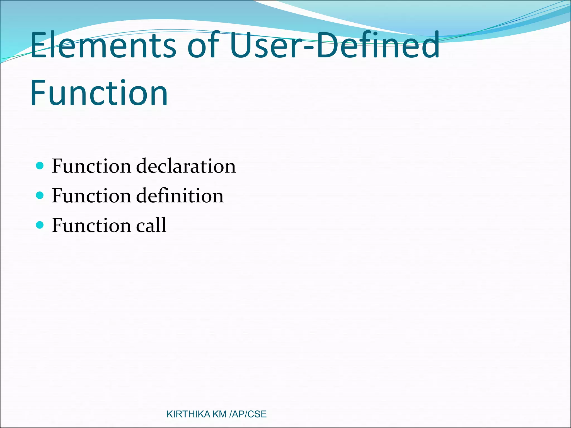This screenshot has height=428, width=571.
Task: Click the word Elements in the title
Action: click(x=103, y=45)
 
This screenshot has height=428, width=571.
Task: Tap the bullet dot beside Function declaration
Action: click(x=40, y=166)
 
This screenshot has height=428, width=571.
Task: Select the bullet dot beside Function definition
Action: click(x=40, y=195)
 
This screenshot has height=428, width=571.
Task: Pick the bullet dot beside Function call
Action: click(x=40, y=225)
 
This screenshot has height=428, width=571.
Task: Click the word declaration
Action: click(x=186, y=166)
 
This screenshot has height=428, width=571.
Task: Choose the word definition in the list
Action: click(x=180, y=195)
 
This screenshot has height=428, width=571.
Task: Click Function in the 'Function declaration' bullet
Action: click(x=91, y=166)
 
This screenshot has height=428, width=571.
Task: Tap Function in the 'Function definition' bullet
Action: click(x=91, y=195)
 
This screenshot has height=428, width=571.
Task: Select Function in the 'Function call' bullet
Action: click(x=91, y=225)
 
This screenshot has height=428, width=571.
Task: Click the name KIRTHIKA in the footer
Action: click(x=188, y=414)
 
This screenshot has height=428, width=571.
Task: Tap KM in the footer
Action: click(x=219, y=414)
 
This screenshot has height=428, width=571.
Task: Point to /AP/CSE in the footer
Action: click(x=248, y=414)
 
